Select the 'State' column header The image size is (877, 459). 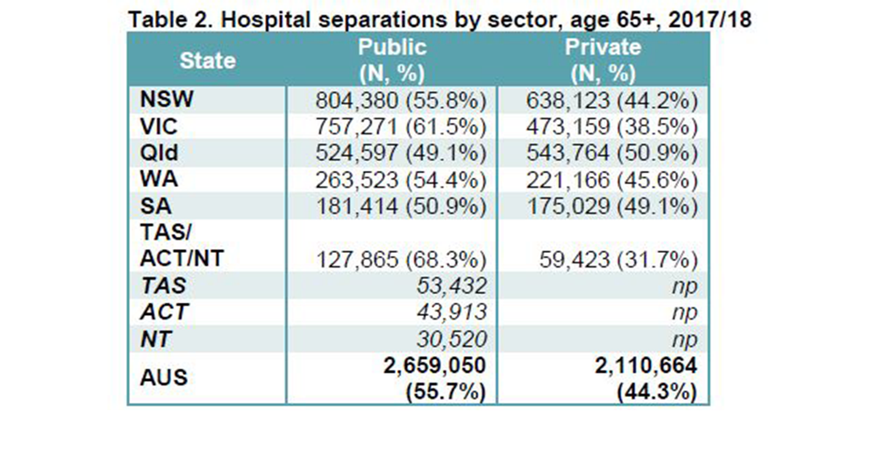coord(207,61)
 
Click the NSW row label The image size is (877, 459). coord(160,99)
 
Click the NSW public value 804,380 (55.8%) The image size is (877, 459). coord(400,100)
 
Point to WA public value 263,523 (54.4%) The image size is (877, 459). coord(400,182)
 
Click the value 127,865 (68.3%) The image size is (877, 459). coord(400,261)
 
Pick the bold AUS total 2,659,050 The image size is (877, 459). coord(431,367)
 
